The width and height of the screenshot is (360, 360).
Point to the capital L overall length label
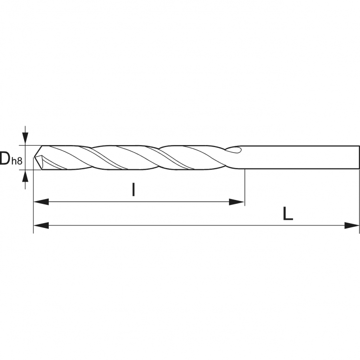pos(288,213)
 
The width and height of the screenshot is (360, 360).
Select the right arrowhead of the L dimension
pos(352,225)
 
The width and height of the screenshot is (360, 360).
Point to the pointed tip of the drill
pos(34,157)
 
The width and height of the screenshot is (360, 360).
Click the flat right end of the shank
pos(359,157)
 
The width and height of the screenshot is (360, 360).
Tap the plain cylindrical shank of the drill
pos(299,157)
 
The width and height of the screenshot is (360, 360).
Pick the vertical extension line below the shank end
pos(360,202)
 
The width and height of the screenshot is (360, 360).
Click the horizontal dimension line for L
pos(193,225)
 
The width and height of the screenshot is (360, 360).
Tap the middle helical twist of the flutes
pos(128,157)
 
